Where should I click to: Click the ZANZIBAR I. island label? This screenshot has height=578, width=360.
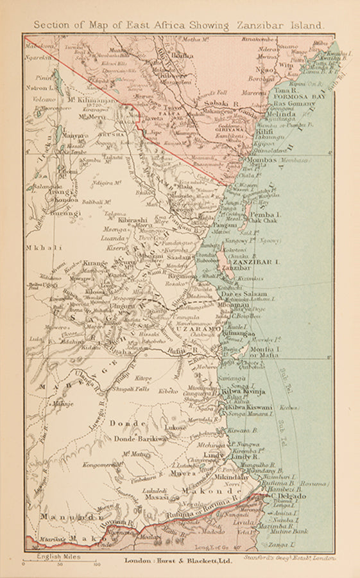[x=256, y=263]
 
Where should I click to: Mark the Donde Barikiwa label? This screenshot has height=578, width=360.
[x=140, y=439]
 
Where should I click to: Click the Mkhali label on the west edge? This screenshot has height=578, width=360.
[x=38, y=247]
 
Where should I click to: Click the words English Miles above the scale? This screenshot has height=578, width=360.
[x=59, y=557]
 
